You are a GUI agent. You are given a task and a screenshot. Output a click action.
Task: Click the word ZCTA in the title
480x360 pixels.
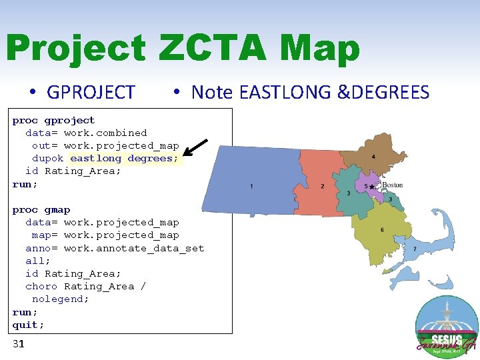[x=215, y=49]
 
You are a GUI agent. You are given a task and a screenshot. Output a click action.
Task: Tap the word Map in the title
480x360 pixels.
[x=320, y=49]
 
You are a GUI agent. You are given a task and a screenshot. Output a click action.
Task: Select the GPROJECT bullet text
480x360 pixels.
[x=91, y=92]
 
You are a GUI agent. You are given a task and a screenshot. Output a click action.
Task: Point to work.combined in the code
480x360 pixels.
[x=105, y=133]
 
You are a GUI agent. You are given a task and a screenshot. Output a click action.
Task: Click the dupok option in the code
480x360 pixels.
[x=48, y=159]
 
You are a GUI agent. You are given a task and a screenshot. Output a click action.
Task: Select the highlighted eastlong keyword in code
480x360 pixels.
[x=96, y=159]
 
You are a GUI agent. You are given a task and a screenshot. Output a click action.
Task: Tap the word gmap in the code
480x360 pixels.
[x=57, y=210]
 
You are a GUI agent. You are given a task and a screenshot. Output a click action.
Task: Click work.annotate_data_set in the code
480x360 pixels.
[x=134, y=248]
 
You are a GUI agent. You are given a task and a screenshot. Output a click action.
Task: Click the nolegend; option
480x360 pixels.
[x=61, y=299]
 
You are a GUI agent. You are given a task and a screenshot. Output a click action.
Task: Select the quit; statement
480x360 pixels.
[x=29, y=325]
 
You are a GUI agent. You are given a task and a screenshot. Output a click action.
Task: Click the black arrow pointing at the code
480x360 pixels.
[x=195, y=148]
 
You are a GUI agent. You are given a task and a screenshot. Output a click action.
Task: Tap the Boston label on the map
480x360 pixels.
[x=393, y=185]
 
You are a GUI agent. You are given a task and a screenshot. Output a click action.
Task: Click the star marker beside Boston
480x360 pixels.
[x=373, y=187]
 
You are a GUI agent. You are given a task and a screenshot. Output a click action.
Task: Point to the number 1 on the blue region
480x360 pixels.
[x=251, y=186]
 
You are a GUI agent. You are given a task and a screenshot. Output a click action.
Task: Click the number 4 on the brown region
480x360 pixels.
[x=373, y=157]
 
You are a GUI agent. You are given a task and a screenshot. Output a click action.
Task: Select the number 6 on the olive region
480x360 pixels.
[x=382, y=230]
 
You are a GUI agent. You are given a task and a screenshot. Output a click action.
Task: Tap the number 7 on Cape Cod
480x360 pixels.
[x=415, y=249]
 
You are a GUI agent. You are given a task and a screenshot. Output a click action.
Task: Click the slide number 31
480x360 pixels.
[x=19, y=344]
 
